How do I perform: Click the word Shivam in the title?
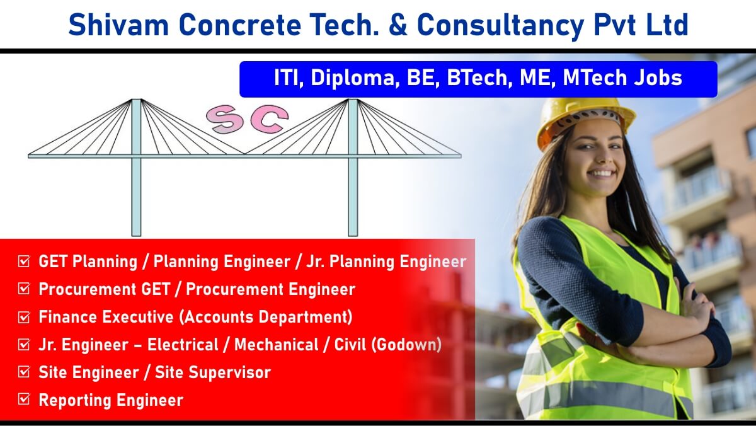point(118,25)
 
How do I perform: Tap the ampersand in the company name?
point(398,25)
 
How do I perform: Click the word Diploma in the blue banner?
point(353,79)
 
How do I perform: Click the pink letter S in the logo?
point(224,119)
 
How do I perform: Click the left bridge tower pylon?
point(136,168)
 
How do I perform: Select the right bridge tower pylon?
point(353,168)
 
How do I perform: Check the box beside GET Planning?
point(24,262)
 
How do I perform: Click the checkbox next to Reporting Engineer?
point(24,399)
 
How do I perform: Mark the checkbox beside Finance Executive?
point(24,317)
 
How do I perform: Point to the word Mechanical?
point(277,345)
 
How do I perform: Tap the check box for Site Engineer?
point(24,372)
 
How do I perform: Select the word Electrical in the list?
point(183,345)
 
